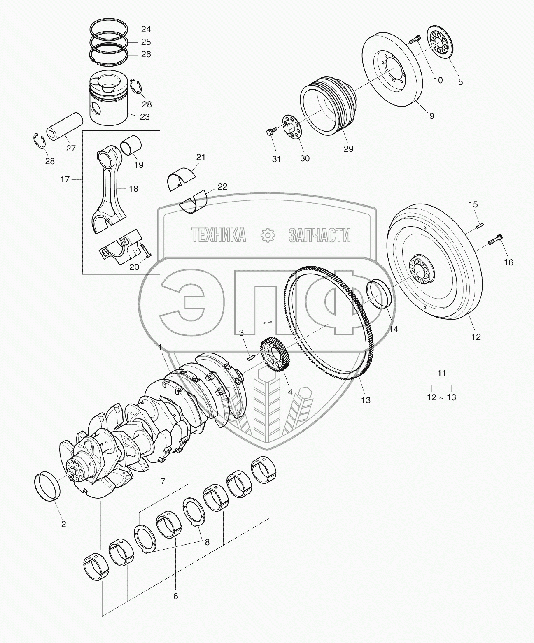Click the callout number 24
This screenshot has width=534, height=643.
(146, 29)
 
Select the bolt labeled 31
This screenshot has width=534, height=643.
(270, 132)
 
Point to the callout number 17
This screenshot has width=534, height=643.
(65, 179)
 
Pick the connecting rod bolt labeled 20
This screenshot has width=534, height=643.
(145, 251)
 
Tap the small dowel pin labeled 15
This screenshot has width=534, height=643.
(480, 225)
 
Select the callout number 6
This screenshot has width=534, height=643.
(175, 596)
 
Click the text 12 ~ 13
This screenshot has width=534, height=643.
(442, 397)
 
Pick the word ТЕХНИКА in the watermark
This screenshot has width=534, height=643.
(218, 235)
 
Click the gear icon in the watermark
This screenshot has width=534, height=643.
(268, 235)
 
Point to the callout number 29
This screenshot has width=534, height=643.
(348, 149)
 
